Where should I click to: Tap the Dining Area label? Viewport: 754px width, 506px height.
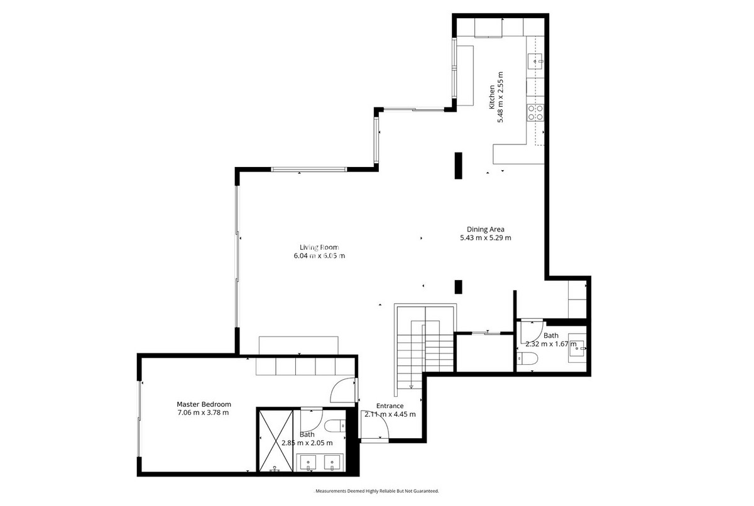485,229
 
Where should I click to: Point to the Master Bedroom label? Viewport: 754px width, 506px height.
204,404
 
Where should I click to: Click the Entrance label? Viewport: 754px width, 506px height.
390,406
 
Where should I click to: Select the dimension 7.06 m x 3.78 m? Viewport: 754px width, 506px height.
203,412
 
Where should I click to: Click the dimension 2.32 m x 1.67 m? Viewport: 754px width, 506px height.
550,344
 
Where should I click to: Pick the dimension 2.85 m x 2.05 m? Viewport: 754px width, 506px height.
307,443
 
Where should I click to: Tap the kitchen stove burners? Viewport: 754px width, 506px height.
535,112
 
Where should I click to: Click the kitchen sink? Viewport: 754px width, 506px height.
535,61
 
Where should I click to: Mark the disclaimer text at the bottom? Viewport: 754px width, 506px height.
376,491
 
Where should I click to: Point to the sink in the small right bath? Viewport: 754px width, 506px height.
576,347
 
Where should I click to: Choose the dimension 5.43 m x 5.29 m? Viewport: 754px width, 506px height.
485,238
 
